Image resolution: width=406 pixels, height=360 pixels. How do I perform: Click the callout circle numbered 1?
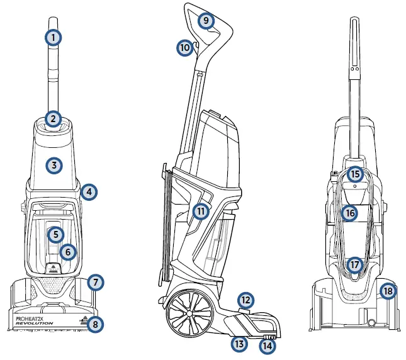(54, 37)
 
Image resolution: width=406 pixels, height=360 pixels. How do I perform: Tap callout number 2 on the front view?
(54, 118)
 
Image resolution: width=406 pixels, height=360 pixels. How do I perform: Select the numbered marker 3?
(54, 166)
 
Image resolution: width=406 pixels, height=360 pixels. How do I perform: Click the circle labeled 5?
(56, 234)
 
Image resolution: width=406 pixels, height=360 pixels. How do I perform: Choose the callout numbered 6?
(69, 252)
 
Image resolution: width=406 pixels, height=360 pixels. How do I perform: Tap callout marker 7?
(94, 282)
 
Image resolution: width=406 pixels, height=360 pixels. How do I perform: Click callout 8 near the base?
(94, 324)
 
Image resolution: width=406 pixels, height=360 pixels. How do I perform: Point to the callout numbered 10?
(184, 47)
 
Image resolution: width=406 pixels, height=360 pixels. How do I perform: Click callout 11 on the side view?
(200, 211)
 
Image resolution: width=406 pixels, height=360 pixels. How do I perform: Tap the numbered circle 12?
(245, 300)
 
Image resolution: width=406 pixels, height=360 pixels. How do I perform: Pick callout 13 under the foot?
(239, 343)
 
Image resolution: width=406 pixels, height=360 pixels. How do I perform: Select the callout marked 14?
(268, 345)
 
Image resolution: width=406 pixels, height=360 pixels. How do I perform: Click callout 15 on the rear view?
(355, 174)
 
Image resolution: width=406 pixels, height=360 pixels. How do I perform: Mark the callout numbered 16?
(350, 213)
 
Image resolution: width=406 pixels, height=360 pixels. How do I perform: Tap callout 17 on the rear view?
(355, 265)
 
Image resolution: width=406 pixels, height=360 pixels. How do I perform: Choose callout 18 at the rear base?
(388, 291)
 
